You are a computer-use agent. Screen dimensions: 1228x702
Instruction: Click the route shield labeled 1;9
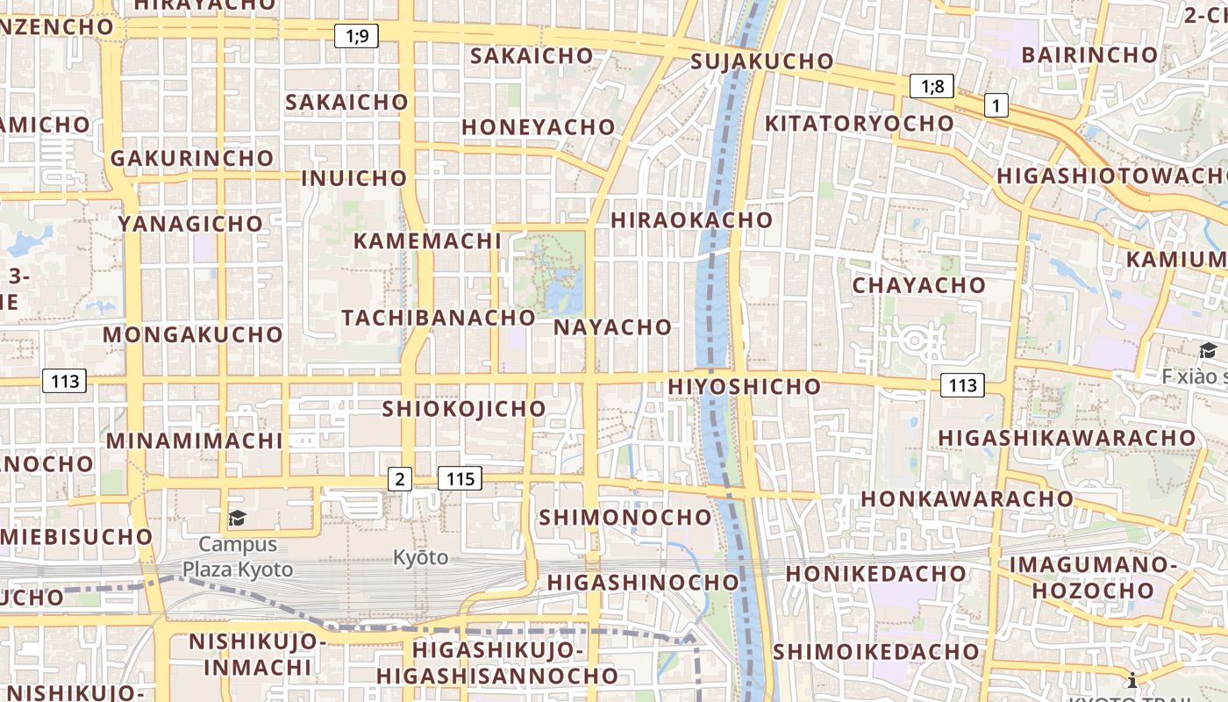(357, 36)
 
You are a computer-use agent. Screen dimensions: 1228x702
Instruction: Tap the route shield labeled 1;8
(932, 86)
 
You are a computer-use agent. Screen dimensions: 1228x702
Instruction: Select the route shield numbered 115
(460, 478)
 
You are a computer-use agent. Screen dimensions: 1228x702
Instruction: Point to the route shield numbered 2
(400, 478)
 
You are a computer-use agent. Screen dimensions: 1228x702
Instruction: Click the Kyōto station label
(420, 557)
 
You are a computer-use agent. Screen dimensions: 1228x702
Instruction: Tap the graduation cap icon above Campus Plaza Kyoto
(237, 519)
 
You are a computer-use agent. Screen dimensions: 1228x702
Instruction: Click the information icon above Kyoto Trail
(1132, 679)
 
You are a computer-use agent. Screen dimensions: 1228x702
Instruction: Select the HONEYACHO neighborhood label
(538, 127)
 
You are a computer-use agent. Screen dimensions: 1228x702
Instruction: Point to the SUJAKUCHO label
(761, 61)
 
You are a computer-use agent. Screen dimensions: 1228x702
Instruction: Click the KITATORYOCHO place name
(859, 123)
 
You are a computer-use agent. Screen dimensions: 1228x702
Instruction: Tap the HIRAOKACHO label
(691, 219)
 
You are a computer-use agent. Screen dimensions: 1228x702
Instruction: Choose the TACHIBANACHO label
(438, 318)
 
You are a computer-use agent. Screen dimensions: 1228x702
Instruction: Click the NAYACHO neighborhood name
(612, 327)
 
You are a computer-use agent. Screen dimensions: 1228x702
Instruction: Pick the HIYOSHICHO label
(744, 386)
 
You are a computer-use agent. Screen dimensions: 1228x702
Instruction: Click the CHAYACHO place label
(918, 285)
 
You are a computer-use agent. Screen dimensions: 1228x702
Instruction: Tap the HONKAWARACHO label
(966, 498)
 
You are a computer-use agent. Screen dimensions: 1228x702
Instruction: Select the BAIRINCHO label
(1089, 54)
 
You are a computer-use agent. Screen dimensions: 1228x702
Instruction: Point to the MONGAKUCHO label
(192, 334)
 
